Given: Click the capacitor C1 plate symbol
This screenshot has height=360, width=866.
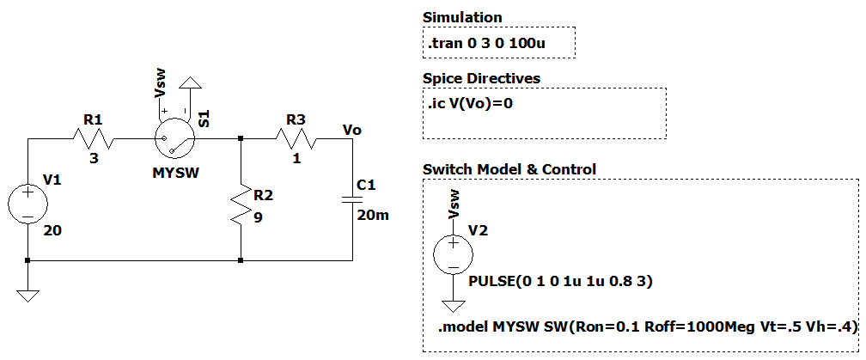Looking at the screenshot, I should [352, 199].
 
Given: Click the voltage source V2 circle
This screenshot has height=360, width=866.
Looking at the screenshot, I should [453, 254].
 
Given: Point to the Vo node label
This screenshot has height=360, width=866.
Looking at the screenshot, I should [351, 129].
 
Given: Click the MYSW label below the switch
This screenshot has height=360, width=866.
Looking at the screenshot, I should [175, 173].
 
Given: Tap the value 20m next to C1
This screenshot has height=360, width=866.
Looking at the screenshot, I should [373, 215].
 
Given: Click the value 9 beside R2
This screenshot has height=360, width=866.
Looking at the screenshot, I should [257, 217].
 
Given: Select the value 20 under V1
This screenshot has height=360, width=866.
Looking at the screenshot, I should [51, 232].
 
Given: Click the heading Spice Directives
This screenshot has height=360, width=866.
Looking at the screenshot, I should [481, 78].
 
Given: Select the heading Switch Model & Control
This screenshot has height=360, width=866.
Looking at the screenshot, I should [509, 169].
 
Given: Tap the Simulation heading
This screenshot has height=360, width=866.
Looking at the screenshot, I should [462, 17].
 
